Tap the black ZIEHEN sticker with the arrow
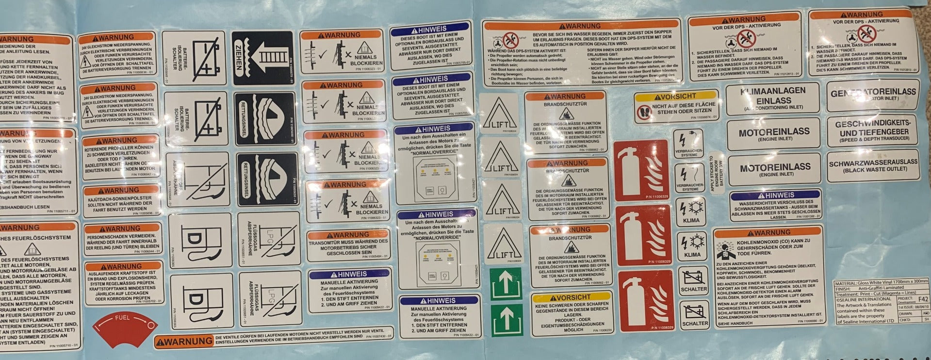(x=262, y=58)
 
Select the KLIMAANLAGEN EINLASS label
(x=773, y=98)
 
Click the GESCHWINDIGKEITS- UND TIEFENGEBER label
(x=872, y=131)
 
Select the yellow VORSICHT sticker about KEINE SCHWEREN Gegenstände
(x=572, y=314)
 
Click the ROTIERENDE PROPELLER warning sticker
(x=120, y=155)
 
